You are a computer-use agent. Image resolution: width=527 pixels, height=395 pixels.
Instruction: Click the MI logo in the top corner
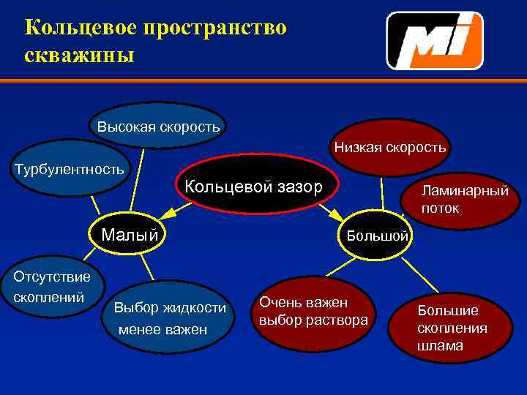click(x=435, y=41)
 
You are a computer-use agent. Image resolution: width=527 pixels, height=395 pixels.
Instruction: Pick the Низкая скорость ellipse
click(x=389, y=147)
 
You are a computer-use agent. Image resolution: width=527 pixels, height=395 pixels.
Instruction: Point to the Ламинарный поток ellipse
click(x=464, y=199)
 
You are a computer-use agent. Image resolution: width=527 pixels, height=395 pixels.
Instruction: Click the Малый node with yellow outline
click(x=130, y=235)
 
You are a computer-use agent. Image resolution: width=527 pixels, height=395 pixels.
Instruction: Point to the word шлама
click(x=440, y=346)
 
